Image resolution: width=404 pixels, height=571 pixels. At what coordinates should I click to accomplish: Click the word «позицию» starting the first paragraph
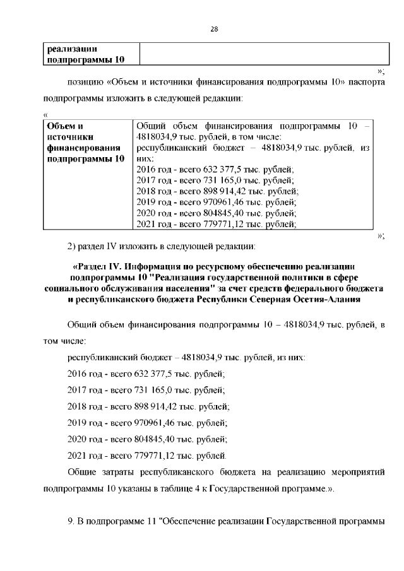pyautogui.click(x=85, y=81)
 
